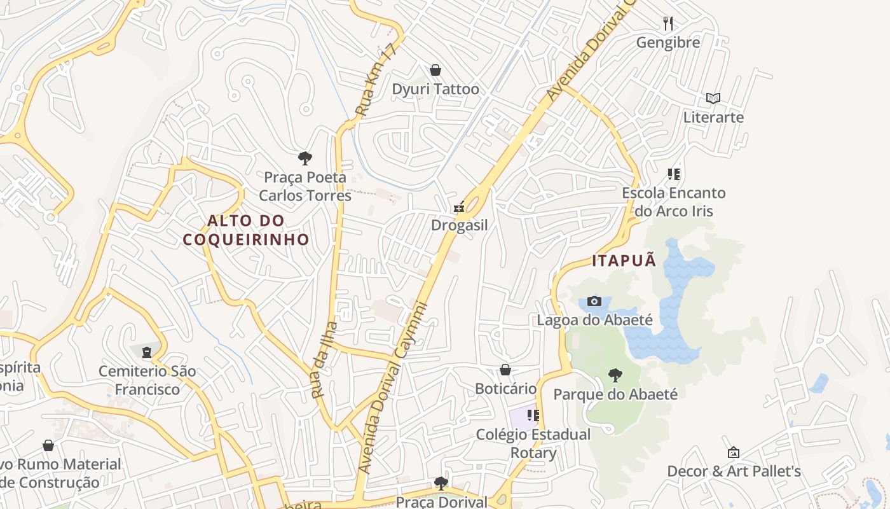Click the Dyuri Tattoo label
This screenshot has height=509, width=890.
pyautogui.click(x=435, y=89)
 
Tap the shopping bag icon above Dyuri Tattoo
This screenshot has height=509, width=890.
pyautogui.click(x=435, y=69)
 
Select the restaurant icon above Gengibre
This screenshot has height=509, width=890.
pyautogui.click(x=667, y=24)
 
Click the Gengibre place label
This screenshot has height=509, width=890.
pyautogui.click(x=668, y=43)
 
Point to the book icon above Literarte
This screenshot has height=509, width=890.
pyautogui.click(x=713, y=98)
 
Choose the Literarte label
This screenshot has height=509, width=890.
pyautogui.click(x=713, y=117)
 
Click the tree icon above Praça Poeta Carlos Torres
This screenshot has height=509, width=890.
pyautogui.click(x=305, y=158)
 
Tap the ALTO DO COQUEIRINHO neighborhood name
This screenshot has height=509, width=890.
pyautogui.click(x=246, y=230)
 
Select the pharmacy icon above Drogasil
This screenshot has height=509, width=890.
pyautogui.click(x=459, y=207)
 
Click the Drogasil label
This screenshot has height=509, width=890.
pyautogui.click(x=459, y=225)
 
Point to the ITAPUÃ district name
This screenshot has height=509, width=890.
pyautogui.click(x=624, y=261)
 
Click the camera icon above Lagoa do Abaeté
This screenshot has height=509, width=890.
pyautogui.click(x=594, y=301)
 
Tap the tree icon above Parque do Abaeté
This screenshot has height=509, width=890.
pyautogui.click(x=615, y=375)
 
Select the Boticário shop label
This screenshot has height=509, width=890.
pyautogui.click(x=506, y=388)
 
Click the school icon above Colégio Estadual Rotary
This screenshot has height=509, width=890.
pyautogui.click(x=533, y=415)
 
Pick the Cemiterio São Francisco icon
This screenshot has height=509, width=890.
pyautogui.click(x=147, y=352)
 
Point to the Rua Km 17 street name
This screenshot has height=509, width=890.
pyautogui.click(x=376, y=81)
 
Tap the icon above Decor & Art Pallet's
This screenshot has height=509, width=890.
pyautogui.click(x=734, y=452)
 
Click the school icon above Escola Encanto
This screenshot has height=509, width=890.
pyautogui.click(x=674, y=174)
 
